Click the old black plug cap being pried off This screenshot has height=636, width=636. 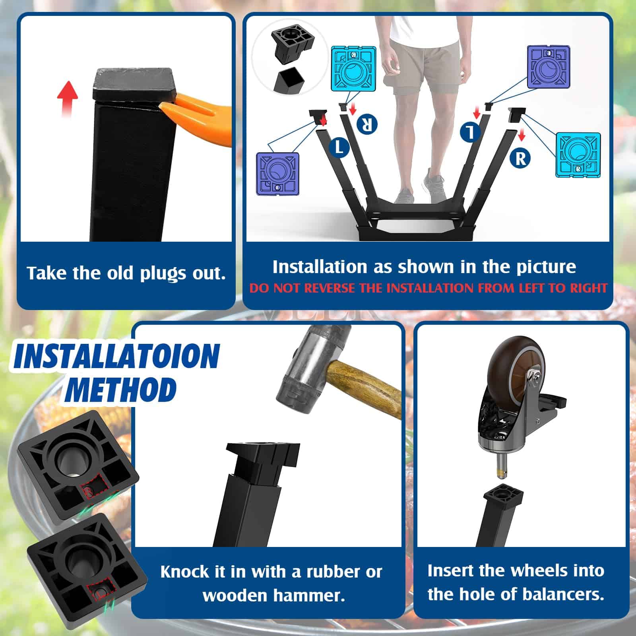(x=134, y=85)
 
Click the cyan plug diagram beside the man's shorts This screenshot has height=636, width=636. (x=354, y=68)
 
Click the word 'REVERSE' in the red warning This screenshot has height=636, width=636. (x=329, y=288)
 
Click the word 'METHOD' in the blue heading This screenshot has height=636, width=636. (x=121, y=388)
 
